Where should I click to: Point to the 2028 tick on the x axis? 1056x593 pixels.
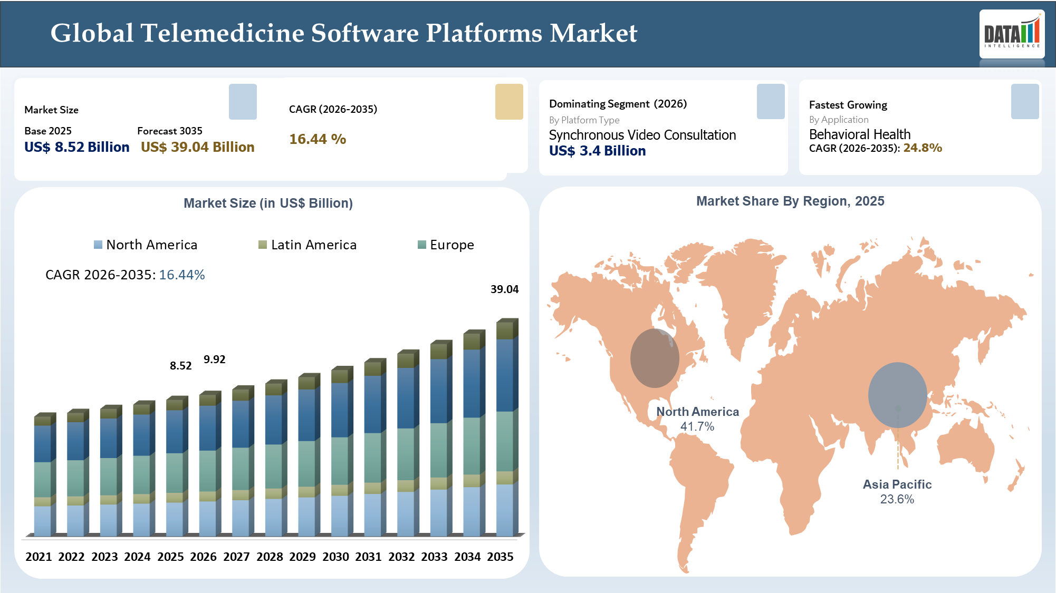point(270,557)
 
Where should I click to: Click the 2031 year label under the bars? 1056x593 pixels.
point(368,557)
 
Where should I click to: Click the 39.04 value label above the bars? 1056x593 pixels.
point(504,289)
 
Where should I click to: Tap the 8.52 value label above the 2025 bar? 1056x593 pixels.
point(180,366)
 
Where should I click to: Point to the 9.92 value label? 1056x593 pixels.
point(214,359)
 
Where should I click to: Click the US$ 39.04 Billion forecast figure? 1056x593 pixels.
point(197,147)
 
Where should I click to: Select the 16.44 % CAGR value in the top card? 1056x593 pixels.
point(318,139)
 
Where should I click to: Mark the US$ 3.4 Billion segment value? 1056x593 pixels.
point(597,151)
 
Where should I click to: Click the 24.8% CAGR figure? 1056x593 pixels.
point(923,148)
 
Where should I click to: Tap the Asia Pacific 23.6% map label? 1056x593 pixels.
point(897,491)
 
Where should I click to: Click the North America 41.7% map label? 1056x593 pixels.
point(697,419)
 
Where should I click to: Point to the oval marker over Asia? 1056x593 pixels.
point(897,395)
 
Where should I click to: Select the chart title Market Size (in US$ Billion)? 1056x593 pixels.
point(268,203)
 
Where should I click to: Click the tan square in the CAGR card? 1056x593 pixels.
point(509,102)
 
